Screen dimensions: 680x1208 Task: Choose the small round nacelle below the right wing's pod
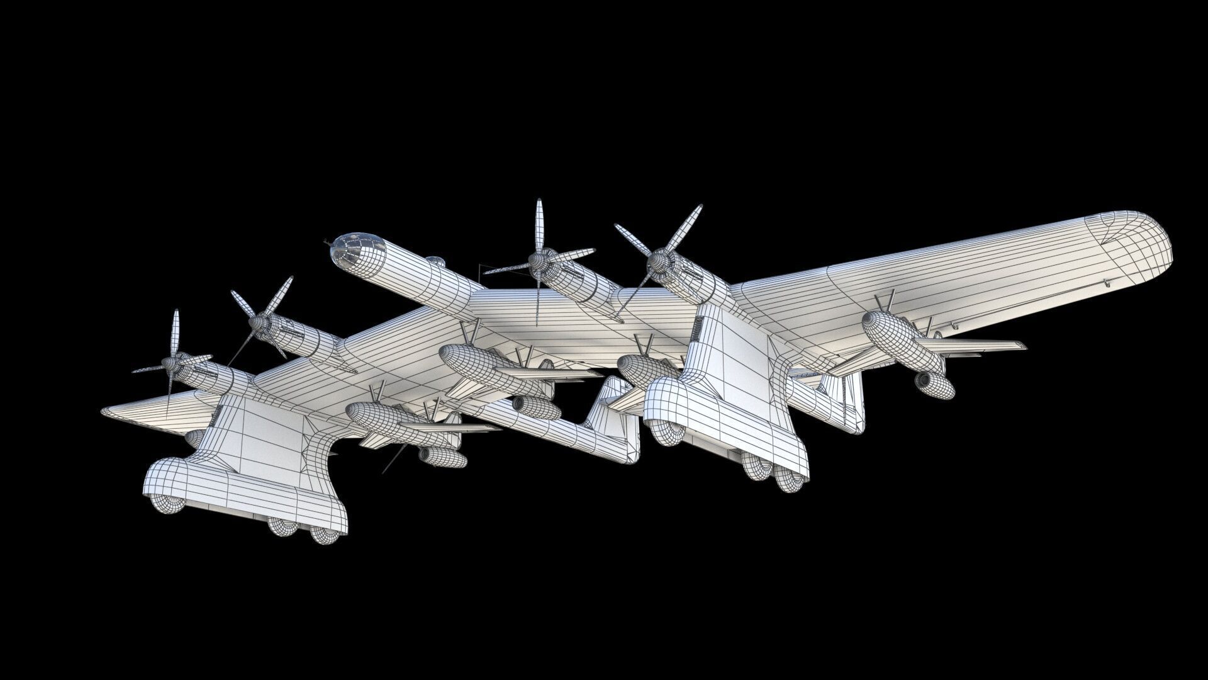(x=935, y=386)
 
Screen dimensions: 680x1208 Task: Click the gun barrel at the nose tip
(x=327, y=242)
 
